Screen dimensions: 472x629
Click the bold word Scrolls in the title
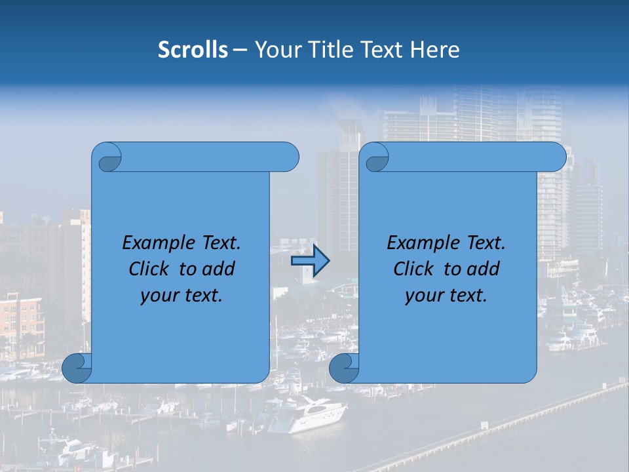193,50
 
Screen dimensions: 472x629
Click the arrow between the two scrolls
310,260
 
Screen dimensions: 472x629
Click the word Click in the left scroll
148,269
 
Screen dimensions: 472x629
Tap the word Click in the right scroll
413,269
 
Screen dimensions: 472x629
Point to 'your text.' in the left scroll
181,296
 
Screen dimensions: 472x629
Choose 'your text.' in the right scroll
446,296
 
